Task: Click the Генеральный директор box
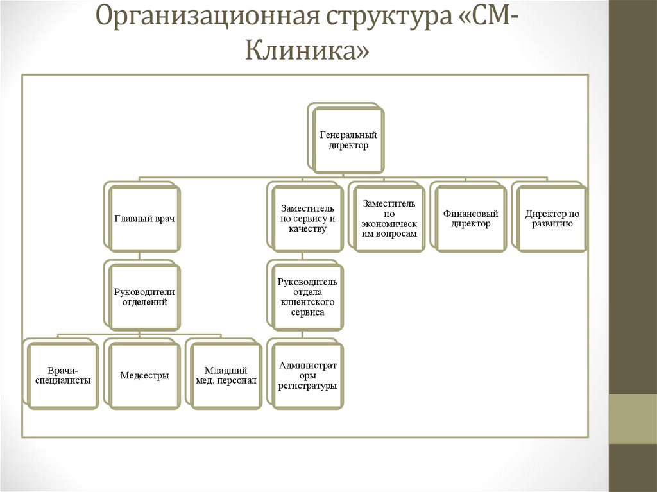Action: point(349,140)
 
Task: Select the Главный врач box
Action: point(145,219)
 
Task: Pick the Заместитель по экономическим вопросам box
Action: point(389,219)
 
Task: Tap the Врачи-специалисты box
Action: point(64,376)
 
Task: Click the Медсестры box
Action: point(145,376)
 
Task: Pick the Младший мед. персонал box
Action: point(226,376)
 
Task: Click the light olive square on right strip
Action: point(633,419)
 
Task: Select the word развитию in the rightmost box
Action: point(552,224)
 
